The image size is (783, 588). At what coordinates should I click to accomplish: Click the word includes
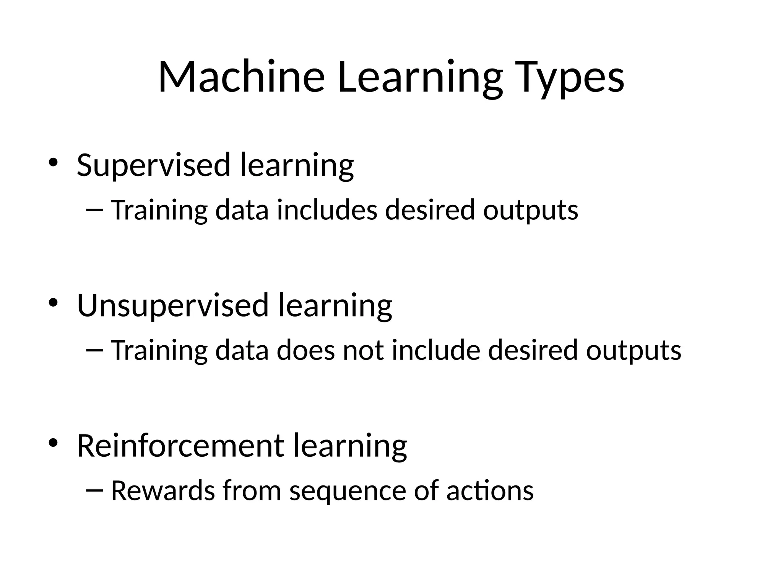point(327,210)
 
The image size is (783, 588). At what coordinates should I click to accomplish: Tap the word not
point(363,350)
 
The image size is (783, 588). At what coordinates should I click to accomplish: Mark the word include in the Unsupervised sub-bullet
point(436,350)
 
